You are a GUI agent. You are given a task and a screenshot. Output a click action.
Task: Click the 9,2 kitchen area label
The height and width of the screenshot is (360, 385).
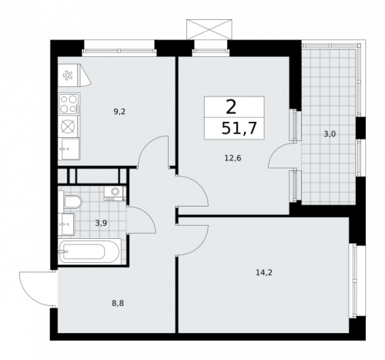(x=119, y=112)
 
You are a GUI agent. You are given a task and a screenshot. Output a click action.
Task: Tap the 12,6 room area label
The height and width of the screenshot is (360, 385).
(x=232, y=160)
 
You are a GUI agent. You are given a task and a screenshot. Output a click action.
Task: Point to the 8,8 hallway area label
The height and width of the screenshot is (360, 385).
(x=118, y=303)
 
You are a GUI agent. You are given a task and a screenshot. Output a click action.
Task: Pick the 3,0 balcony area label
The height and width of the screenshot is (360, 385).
(x=329, y=134)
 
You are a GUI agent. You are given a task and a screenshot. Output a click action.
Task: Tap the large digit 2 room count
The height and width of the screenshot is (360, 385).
(x=231, y=107)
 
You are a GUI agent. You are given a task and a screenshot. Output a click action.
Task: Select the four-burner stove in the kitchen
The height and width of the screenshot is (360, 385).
(x=69, y=102)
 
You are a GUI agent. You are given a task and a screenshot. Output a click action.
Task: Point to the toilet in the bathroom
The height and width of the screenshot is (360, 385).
(x=71, y=203)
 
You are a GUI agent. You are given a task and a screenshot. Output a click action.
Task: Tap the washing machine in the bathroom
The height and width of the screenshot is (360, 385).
(x=114, y=193)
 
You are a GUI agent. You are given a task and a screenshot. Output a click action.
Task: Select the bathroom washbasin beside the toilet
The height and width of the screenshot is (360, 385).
(x=66, y=224)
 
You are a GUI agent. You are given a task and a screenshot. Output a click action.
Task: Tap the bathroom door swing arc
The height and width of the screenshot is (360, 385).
(x=142, y=219)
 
